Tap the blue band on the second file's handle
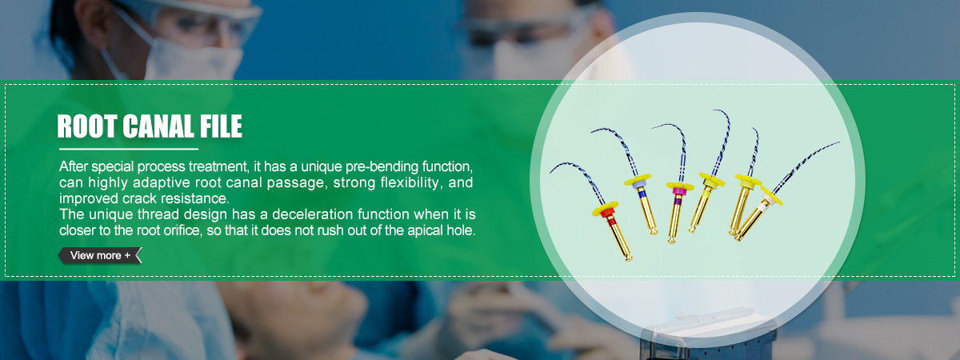click(x=642, y=194)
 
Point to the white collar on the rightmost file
click(x=766, y=198)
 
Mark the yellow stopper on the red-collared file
click(x=605, y=208)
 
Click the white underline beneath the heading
click(x=129, y=149)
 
